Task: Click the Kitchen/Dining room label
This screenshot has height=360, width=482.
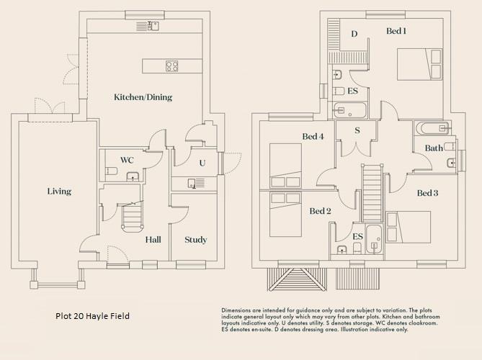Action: click(x=143, y=97)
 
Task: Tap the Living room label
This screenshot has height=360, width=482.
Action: click(x=59, y=192)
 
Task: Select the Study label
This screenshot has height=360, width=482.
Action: click(x=195, y=240)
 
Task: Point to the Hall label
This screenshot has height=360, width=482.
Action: click(x=153, y=240)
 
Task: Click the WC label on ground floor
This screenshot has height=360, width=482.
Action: click(x=127, y=159)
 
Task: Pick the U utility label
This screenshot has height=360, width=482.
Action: click(x=202, y=163)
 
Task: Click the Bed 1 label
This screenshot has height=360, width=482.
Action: click(x=396, y=31)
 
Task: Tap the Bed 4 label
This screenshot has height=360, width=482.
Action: click(x=313, y=137)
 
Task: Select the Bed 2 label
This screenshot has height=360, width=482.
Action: click(x=320, y=211)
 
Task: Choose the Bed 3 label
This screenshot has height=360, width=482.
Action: click(x=427, y=193)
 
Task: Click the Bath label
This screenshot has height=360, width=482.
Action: click(x=434, y=148)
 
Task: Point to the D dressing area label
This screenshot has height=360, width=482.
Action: click(x=354, y=34)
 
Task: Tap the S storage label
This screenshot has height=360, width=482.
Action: click(x=357, y=130)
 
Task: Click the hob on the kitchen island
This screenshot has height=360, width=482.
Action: click(x=172, y=66)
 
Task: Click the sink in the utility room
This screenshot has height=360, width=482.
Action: click(x=192, y=183)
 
